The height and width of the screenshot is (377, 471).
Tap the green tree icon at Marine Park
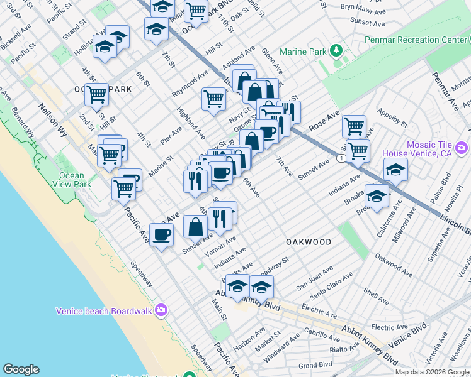(338, 50)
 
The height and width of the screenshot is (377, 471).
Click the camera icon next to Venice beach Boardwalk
(161, 310)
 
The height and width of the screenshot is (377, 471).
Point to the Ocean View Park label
(75, 180)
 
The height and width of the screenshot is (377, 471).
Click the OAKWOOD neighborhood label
(309, 242)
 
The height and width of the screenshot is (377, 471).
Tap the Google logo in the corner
(21, 369)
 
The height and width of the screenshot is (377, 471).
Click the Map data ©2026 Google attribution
(433, 372)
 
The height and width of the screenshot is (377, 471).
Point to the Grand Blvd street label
(315, 364)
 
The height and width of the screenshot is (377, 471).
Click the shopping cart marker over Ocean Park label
(96, 94)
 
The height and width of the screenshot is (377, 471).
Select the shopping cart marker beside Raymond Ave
(213, 98)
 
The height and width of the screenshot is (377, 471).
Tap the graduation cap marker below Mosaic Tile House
(395, 170)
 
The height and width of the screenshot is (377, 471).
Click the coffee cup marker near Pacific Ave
(162, 235)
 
